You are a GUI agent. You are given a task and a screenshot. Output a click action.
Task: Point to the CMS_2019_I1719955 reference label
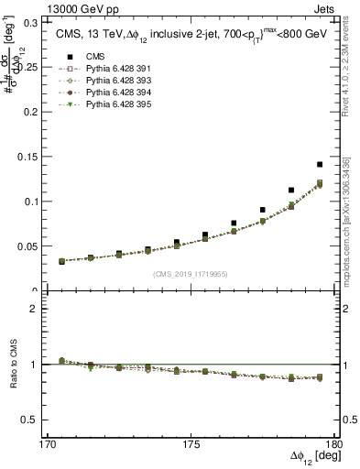(191, 274)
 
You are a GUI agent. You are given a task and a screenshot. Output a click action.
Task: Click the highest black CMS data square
(320, 165)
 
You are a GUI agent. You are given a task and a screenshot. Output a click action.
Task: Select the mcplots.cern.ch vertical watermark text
(349, 220)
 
